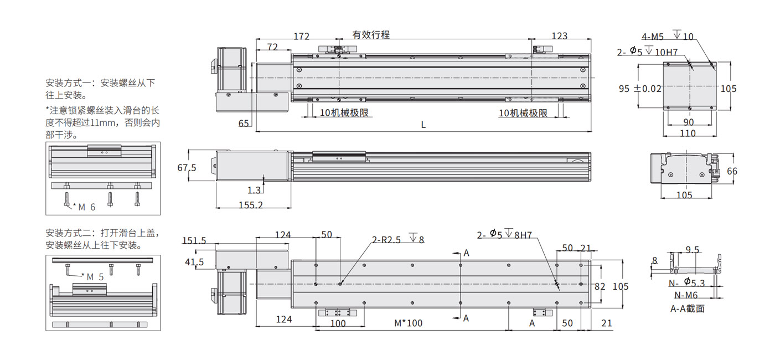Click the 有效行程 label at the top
point(371,34)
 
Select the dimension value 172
point(301,37)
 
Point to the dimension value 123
point(559,37)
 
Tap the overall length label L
point(423,125)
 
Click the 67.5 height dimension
point(187,168)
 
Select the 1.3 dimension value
point(254,190)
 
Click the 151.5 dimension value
point(194,240)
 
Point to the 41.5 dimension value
point(194,262)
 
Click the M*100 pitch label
point(408,323)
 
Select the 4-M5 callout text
point(653,37)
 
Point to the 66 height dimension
point(732,171)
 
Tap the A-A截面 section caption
point(688,308)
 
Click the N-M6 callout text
point(685,295)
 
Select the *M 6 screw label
point(85,207)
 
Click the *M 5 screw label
point(93,277)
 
